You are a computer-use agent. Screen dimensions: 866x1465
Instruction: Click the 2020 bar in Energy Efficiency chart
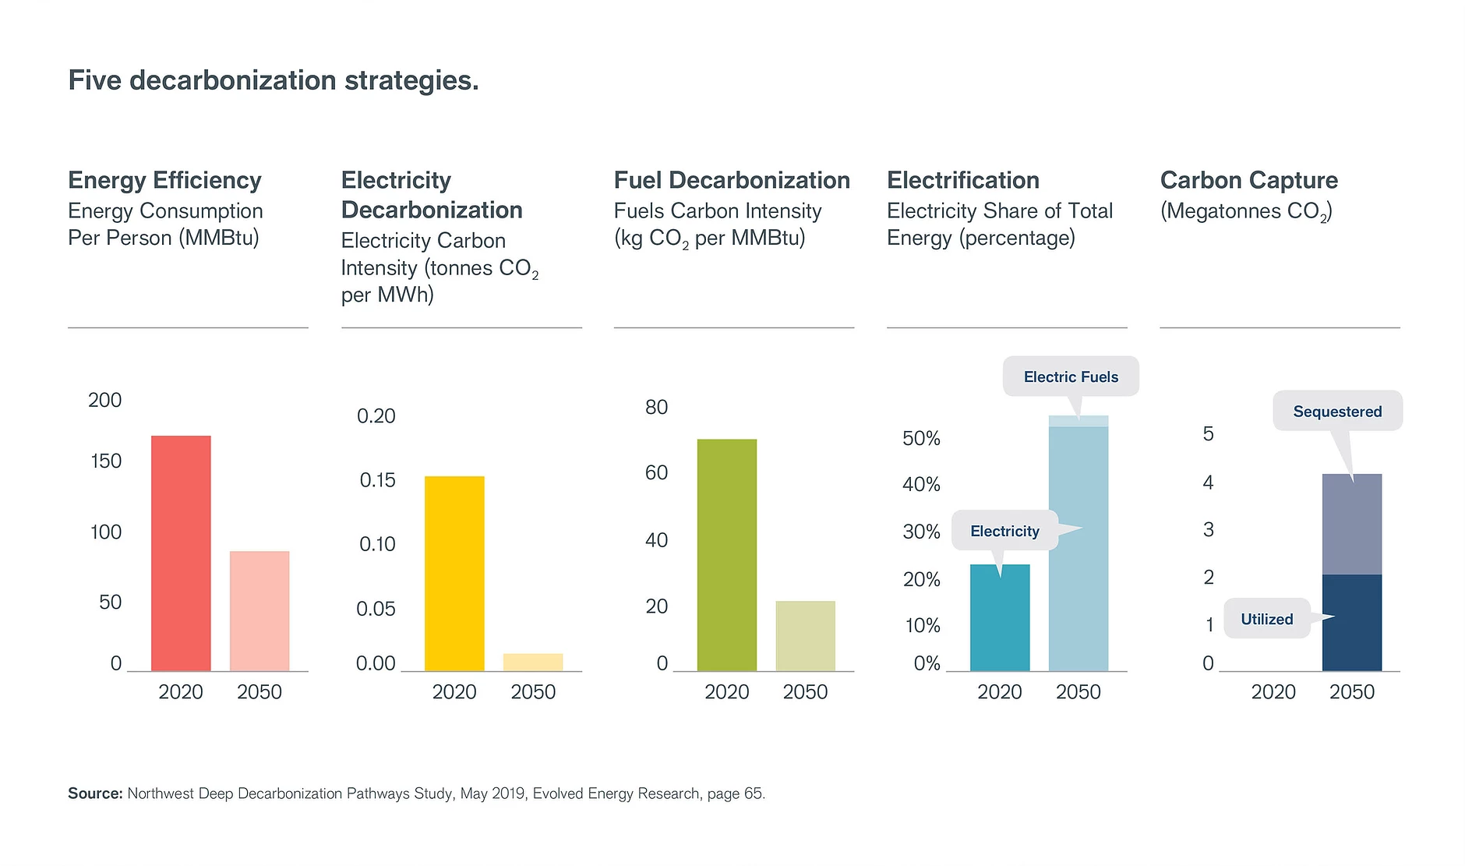[x=181, y=553]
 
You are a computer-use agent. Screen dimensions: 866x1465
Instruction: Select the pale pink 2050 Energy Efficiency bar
[x=259, y=611]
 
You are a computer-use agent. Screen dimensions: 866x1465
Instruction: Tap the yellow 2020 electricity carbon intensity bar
[x=454, y=574]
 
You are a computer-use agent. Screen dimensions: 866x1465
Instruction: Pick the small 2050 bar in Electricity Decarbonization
[x=533, y=663]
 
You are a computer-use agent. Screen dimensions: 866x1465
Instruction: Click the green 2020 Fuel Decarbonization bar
[x=726, y=555]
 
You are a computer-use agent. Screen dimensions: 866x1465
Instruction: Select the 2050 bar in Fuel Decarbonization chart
[x=805, y=636]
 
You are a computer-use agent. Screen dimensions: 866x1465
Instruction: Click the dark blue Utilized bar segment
[x=1352, y=624]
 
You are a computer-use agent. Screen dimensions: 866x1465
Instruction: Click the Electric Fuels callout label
[x=1071, y=377]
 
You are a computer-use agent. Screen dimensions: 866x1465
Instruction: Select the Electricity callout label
[x=1004, y=532]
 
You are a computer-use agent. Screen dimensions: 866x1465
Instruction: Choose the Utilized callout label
[x=1266, y=620]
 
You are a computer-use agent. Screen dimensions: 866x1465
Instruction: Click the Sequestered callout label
[x=1337, y=412]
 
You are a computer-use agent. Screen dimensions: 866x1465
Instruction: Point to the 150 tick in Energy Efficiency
[x=106, y=461]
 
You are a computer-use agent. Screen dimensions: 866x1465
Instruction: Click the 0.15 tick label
[x=377, y=480]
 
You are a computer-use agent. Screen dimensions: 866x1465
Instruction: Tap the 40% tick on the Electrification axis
[x=921, y=485]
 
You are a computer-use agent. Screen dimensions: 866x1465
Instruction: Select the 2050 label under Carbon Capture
[x=1352, y=692]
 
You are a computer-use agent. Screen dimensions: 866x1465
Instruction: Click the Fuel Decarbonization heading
[x=732, y=180]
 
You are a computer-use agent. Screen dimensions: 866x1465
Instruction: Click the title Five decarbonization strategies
[x=274, y=80]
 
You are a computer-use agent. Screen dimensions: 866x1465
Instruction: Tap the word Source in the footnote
[x=95, y=794]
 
